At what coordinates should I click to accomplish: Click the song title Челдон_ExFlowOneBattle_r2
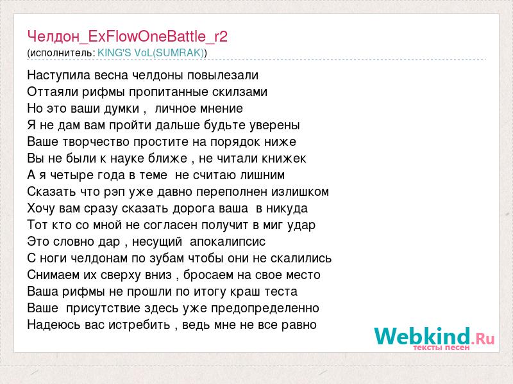tap(127, 36)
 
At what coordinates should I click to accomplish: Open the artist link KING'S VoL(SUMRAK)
tap(151, 53)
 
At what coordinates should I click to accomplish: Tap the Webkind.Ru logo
tap(434, 337)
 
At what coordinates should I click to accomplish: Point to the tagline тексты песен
tap(441, 348)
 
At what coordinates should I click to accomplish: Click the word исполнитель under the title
tap(62, 53)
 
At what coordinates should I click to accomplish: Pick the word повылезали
tap(223, 76)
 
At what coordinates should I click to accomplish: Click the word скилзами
tap(239, 92)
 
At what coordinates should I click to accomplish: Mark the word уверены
tap(274, 125)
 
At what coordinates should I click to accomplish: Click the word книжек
tap(284, 159)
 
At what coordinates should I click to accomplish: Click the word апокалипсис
tap(228, 242)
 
